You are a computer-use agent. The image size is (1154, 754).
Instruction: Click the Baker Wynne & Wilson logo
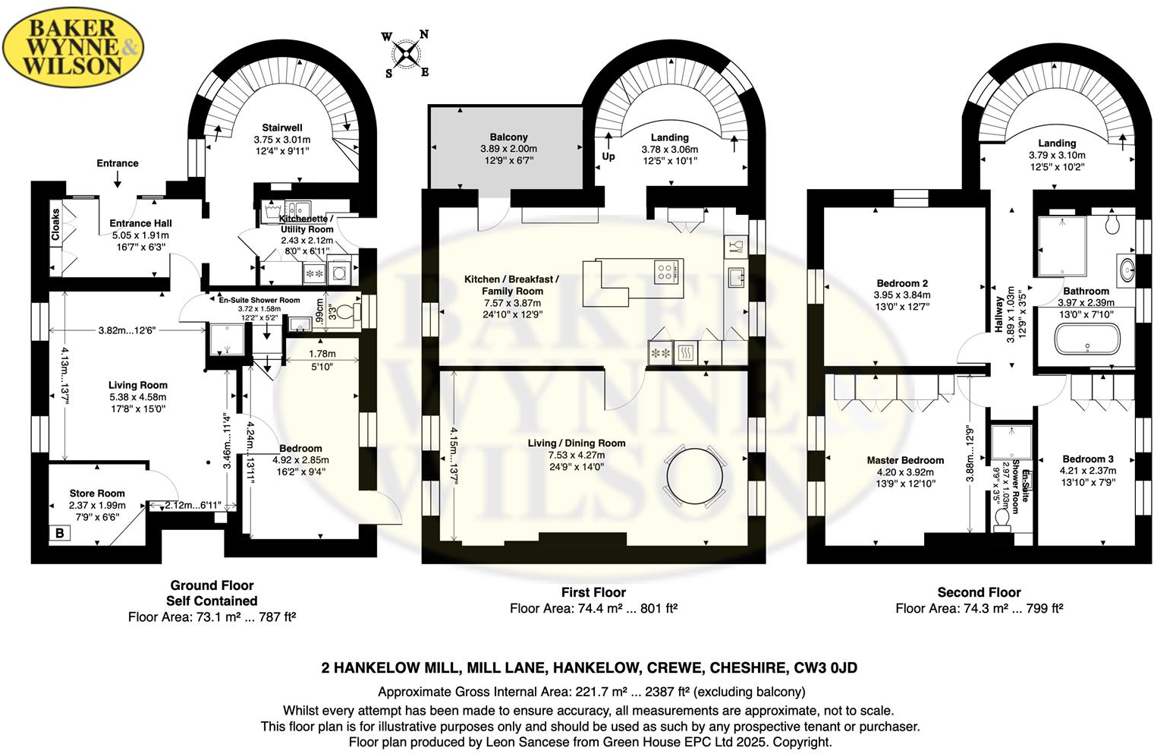[x=73, y=48]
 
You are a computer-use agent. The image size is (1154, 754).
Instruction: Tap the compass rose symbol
[x=407, y=54]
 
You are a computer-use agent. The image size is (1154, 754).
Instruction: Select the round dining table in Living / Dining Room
[x=694, y=477]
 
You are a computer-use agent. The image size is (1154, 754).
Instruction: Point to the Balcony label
[x=508, y=137]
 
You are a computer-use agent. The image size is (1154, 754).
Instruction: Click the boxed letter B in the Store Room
[x=60, y=533]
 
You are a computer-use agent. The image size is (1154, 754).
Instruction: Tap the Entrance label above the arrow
[x=118, y=163]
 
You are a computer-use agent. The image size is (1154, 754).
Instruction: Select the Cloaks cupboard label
[x=55, y=225]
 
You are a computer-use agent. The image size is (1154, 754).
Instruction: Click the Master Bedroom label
[x=905, y=460]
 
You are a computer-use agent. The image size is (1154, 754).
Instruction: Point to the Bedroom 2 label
[x=902, y=283]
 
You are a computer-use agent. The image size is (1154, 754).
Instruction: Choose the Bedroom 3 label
[x=1088, y=459]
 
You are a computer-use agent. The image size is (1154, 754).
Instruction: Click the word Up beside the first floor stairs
[x=608, y=156]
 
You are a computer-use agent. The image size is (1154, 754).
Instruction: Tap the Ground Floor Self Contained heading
[x=212, y=593]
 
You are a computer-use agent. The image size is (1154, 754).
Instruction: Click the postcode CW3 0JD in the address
[x=825, y=668]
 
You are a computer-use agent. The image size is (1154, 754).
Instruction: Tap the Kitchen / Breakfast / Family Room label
[x=511, y=285]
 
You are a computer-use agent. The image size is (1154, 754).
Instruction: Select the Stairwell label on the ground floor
[x=282, y=128]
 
